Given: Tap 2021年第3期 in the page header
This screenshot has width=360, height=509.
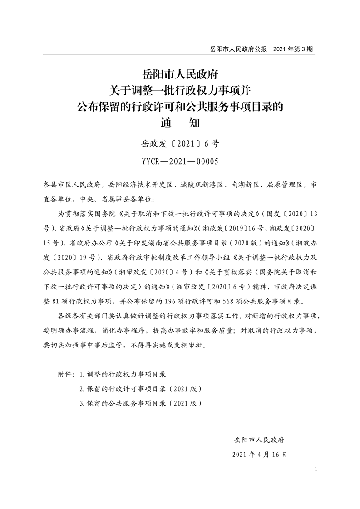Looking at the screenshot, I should (294, 48).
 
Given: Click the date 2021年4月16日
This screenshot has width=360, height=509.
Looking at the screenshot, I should (259, 454).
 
